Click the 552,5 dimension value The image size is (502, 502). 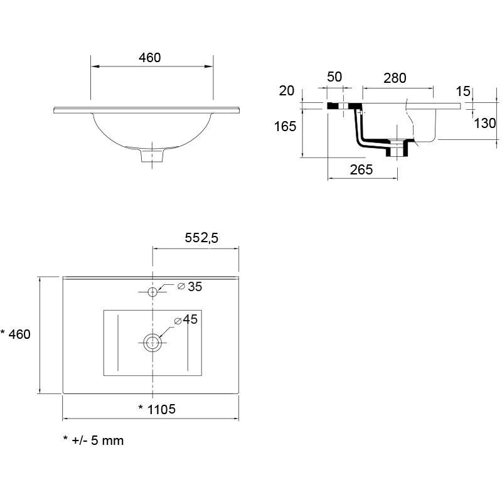tap(201, 238)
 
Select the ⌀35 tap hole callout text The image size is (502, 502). tap(190, 287)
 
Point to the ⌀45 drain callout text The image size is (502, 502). tap(186, 319)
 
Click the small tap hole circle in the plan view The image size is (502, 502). tap(152, 292)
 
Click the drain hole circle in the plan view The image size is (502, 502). tap(152, 343)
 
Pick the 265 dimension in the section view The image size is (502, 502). tap(361, 169)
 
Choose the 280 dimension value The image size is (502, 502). tap(395, 78)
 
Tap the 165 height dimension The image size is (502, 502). tap(285, 127)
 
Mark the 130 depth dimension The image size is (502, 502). tap(484, 123)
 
